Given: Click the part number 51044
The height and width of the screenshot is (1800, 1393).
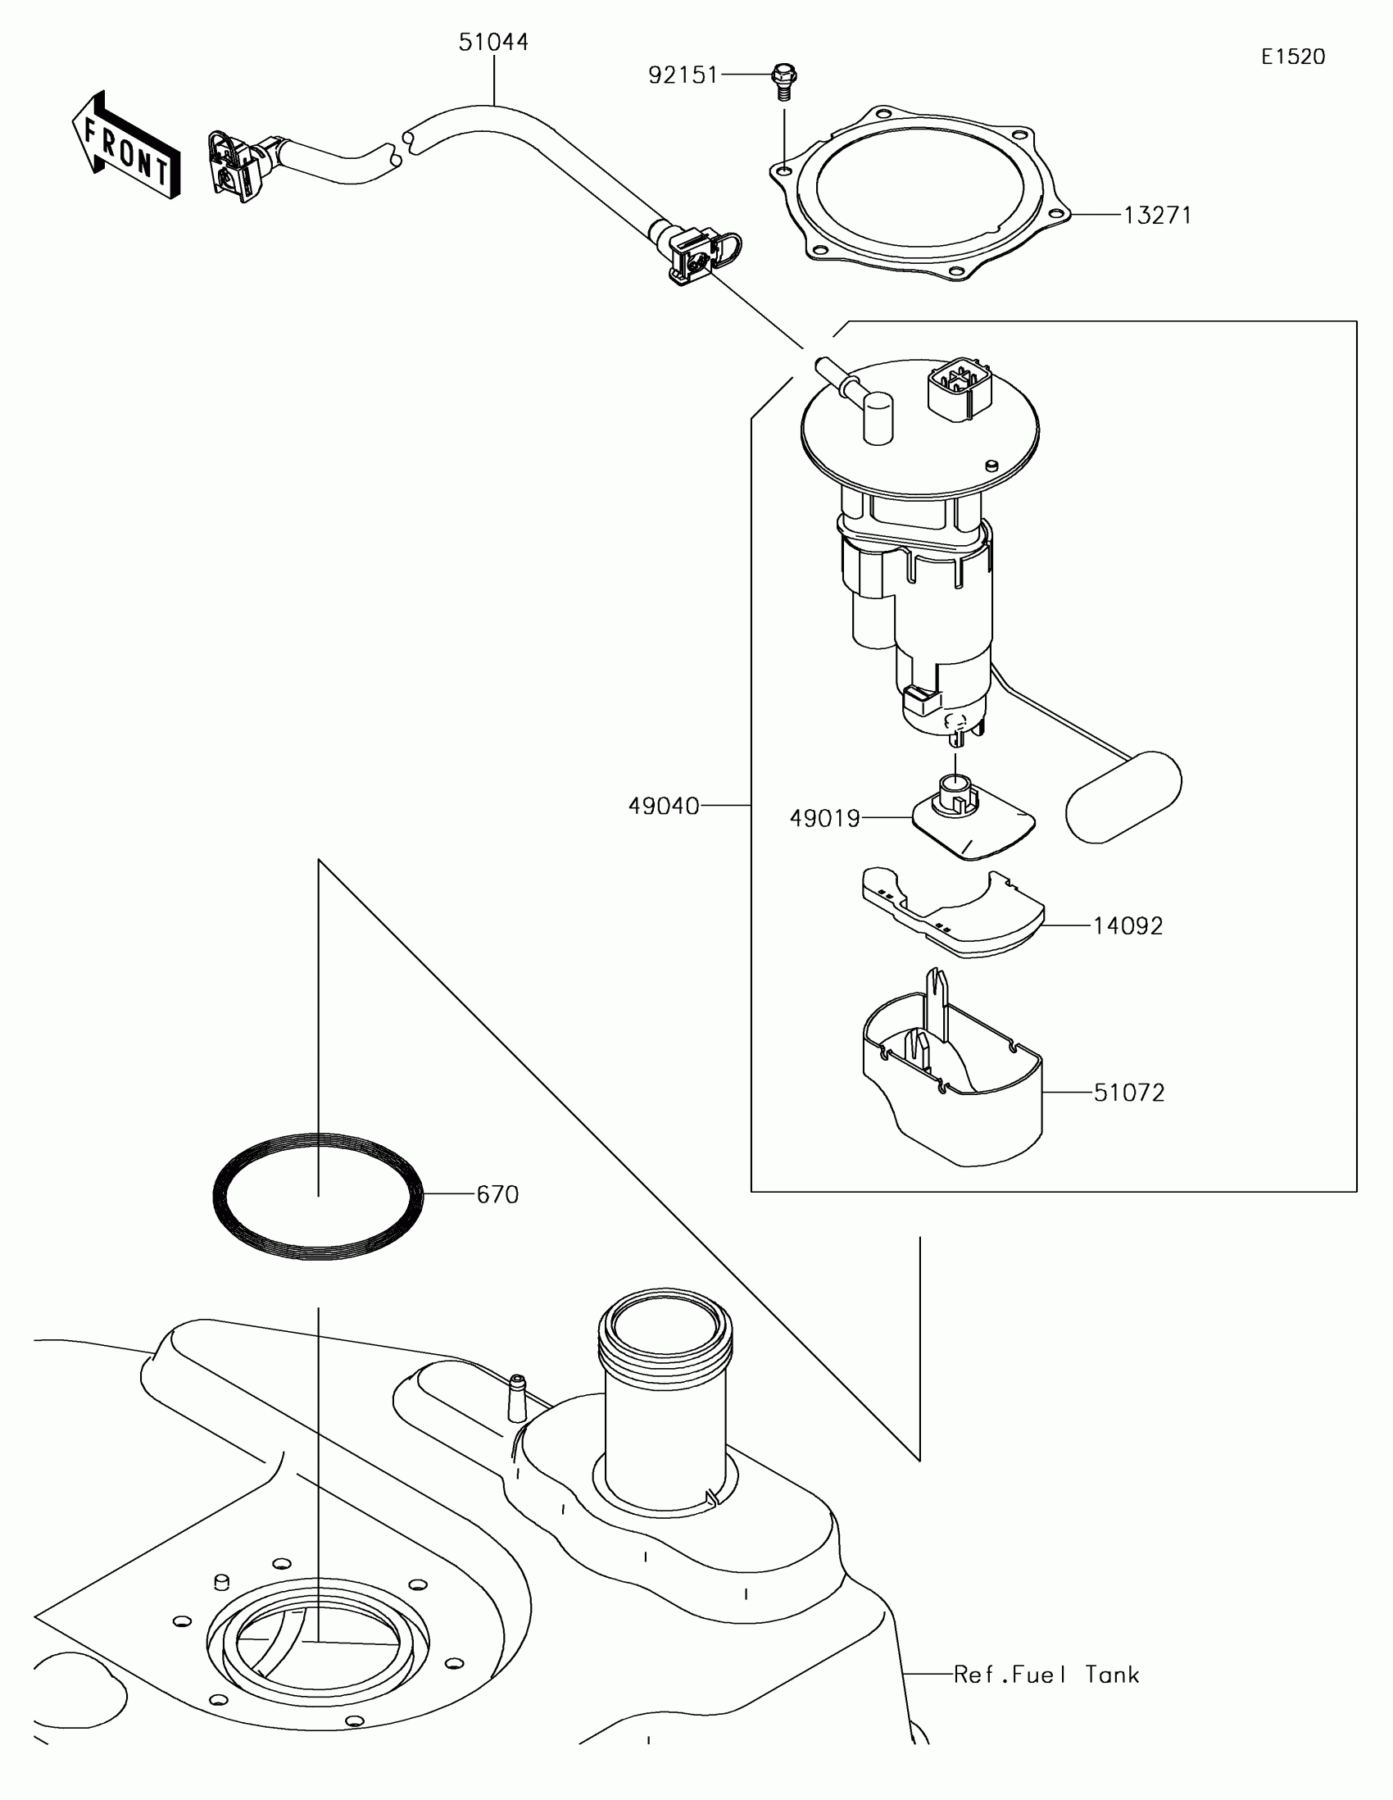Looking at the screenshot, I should (493, 42).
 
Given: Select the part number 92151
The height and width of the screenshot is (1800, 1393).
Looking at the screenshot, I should (683, 76).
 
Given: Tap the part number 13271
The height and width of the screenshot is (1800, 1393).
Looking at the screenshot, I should (1157, 216).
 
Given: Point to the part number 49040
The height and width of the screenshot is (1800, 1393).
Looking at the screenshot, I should (664, 806).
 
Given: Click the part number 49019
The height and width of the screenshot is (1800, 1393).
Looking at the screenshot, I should (824, 818).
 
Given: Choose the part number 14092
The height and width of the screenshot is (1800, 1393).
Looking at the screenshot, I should (1128, 926).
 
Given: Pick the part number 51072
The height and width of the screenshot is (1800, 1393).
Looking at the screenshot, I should (1128, 1093).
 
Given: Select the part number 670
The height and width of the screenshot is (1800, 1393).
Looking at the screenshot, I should (497, 1195).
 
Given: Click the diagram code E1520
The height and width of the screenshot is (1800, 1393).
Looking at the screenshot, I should (1292, 57).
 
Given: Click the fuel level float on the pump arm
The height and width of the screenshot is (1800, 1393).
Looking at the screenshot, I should (1123, 797).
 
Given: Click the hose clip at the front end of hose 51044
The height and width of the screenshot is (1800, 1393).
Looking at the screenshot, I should (236, 166).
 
